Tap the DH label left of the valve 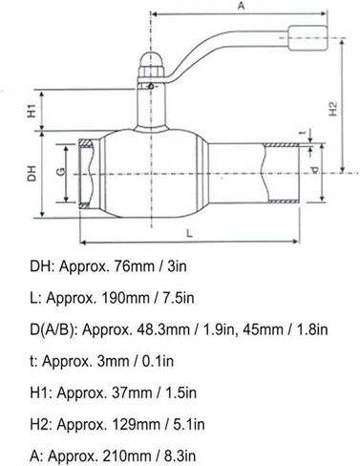tap(31, 174)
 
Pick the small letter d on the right tap(314, 173)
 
